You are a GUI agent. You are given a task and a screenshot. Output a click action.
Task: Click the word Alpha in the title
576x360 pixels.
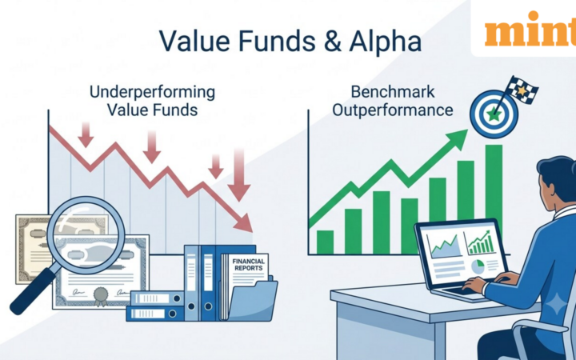point(385,41)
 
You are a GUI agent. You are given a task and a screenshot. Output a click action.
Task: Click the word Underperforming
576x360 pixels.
point(152,92)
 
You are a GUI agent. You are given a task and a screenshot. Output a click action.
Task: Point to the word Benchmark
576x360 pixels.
point(393,92)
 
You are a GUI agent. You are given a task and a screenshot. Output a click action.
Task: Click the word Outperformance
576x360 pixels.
point(392,110)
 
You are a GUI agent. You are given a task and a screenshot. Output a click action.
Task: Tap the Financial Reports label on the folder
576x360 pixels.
point(249,265)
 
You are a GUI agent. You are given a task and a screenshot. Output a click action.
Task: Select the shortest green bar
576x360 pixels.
point(325,242)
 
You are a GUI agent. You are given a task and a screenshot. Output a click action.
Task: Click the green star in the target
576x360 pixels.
point(494,115)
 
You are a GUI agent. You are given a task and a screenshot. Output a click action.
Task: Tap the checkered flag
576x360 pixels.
point(522,90)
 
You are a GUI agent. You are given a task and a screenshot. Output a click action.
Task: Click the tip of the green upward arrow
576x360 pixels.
point(468,130)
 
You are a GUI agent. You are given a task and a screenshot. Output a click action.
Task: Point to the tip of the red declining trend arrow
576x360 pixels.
point(252,232)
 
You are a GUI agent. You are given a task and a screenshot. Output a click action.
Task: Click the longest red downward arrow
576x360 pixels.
point(238,174)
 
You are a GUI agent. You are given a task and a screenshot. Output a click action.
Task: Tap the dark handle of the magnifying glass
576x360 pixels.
point(34,291)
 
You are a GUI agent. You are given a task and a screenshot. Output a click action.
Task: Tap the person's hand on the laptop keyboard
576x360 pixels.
point(474,284)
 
